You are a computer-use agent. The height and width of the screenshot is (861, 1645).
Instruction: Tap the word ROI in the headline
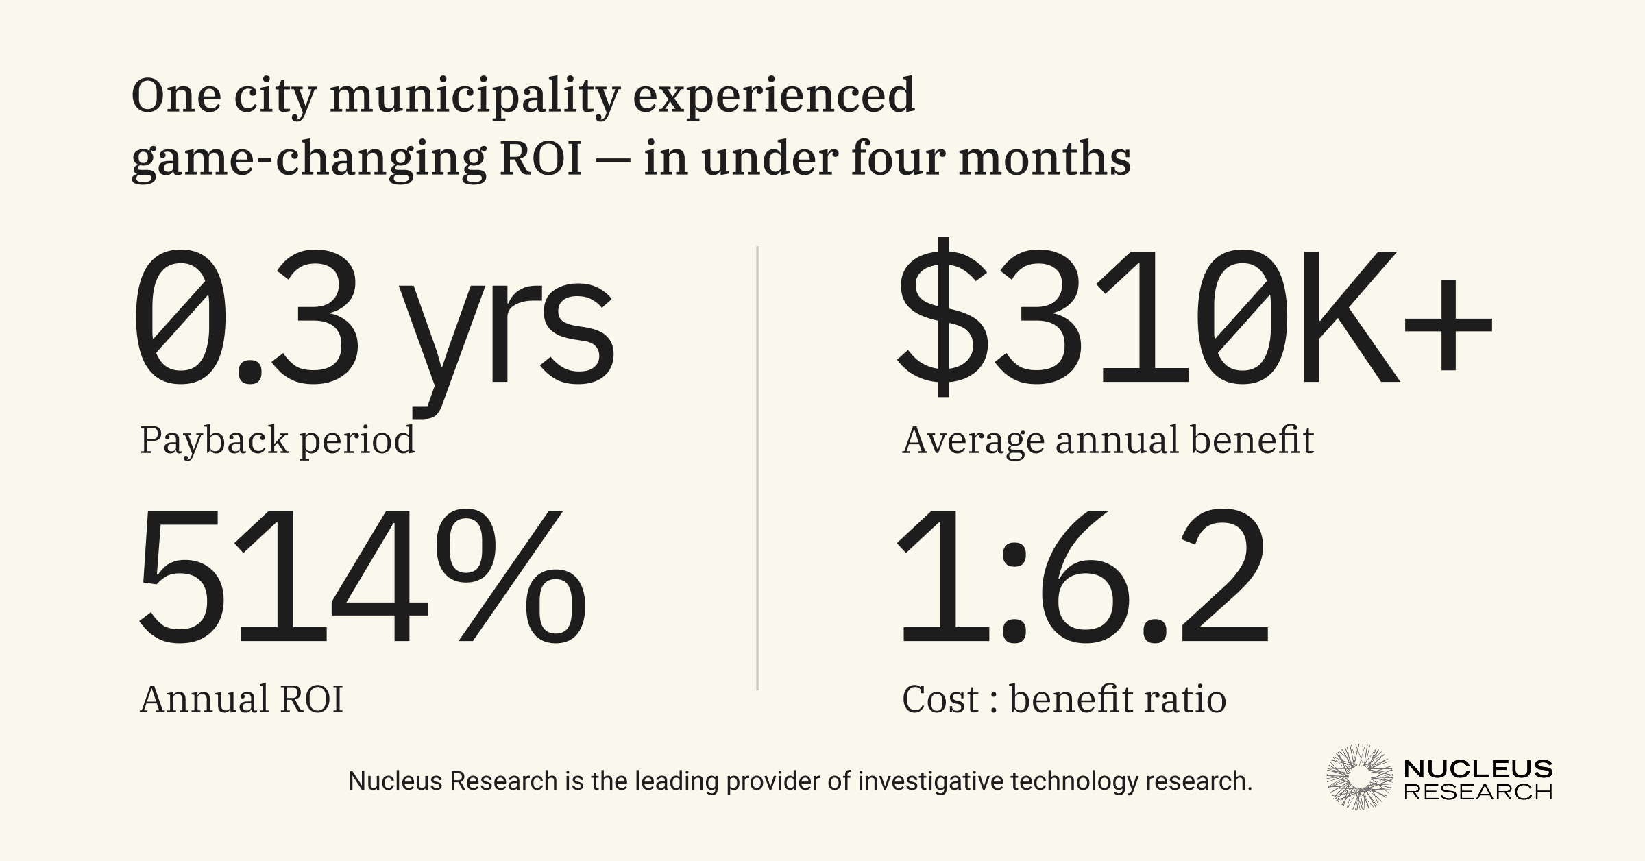click(x=541, y=159)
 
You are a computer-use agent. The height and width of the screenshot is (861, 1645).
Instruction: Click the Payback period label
click(x=278, y=440)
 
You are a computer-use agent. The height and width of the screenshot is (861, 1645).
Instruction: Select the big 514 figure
click(x=281, y=577)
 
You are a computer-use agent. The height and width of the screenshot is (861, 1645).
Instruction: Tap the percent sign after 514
click(x=511, y=577)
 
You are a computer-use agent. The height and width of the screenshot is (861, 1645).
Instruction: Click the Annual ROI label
click(x=241, y=700)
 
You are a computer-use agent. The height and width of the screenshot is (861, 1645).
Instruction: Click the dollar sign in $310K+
click(x=942, y=317)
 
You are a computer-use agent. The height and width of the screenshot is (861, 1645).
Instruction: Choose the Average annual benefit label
click(x=1108, y=440)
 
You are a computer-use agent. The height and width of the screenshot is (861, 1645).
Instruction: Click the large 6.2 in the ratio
click(x=1151, y=577)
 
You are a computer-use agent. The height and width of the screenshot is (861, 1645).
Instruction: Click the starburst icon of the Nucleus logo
click(x=1359, y=777)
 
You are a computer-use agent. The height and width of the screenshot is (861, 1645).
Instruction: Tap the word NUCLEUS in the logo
click(x=1478, y=768)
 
